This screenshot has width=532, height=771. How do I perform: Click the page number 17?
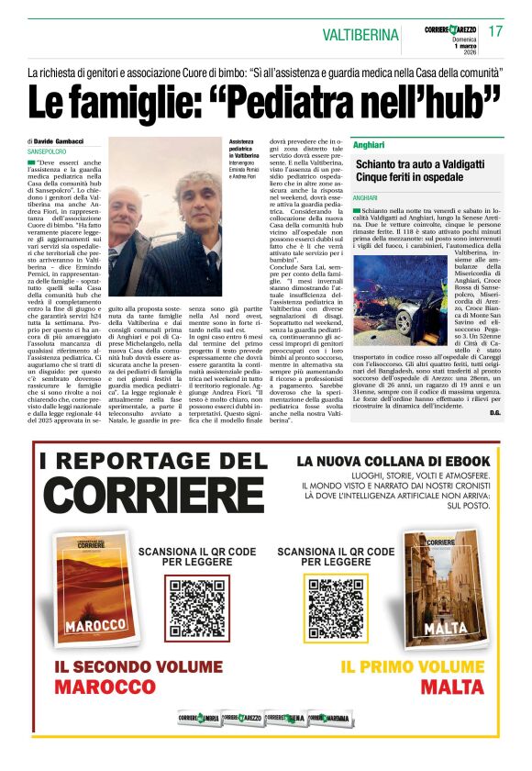(x=495, y=32)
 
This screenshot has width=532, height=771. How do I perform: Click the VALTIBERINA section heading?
(x=360, y=35)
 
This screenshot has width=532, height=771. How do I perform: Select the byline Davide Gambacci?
(x=58, y=141)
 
